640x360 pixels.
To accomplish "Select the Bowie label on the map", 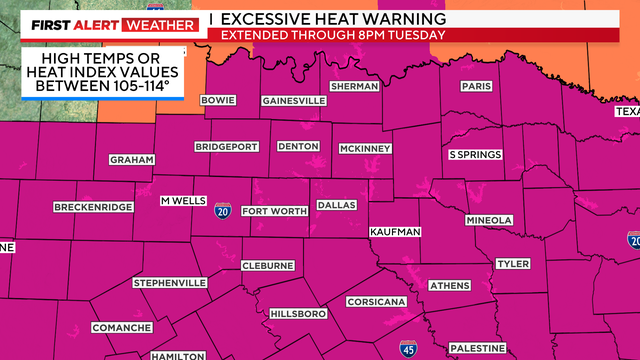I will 218,100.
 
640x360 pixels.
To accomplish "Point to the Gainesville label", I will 294,101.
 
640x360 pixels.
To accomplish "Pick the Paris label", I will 476,87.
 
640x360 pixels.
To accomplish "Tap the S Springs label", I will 475,155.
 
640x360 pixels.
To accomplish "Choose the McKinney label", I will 364,148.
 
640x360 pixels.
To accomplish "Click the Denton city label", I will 297,146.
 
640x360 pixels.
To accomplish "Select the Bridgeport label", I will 227,146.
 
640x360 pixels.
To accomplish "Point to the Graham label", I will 132,160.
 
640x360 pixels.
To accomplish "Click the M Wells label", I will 183,200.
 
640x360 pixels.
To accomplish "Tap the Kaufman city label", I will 396,232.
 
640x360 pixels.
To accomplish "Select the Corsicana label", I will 375,301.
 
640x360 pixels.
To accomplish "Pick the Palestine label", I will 475,347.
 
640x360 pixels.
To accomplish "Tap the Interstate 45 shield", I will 408,348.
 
